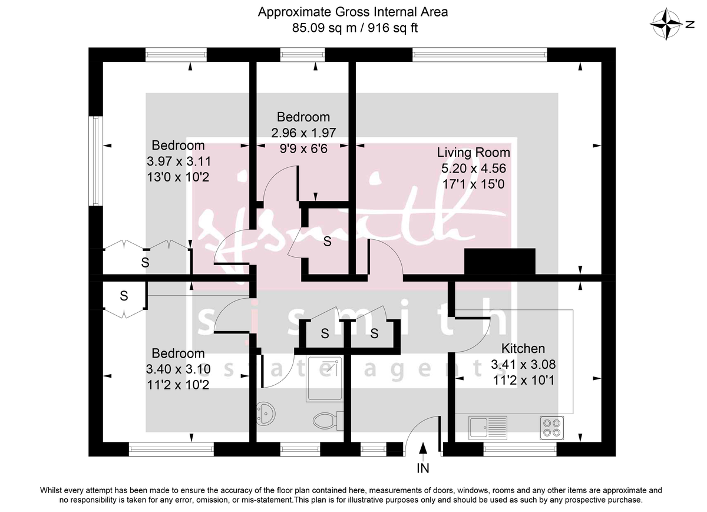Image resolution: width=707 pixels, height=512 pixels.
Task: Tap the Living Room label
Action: point(473,153)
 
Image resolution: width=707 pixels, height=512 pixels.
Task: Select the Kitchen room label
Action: point(523,348)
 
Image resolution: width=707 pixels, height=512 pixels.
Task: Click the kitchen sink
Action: point(488,427)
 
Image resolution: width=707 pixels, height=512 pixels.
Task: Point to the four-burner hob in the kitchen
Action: point(551,427)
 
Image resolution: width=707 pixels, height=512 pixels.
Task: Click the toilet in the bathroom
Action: point(325,420)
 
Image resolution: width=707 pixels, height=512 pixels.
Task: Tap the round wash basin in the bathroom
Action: point(266,414)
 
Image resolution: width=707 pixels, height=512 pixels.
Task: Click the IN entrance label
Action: point(423,469)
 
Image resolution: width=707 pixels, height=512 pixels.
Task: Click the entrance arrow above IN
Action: point(423,450)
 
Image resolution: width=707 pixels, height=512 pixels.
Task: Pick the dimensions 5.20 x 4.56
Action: point(473,169)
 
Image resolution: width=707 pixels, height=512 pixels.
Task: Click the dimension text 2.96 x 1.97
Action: point(303,133)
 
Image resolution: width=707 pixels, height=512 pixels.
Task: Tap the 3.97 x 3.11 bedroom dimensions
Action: point(179,161)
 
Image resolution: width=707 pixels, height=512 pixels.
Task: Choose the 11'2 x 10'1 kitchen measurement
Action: point(523,380)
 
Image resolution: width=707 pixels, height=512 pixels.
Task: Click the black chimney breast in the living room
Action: point(500,262)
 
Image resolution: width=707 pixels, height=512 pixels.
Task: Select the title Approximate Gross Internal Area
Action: point(353,11)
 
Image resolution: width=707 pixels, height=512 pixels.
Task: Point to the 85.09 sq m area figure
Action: point(319,27)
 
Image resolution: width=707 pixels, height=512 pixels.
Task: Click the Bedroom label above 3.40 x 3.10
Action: point(179,354)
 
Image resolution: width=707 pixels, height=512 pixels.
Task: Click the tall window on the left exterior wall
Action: point(94,160)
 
